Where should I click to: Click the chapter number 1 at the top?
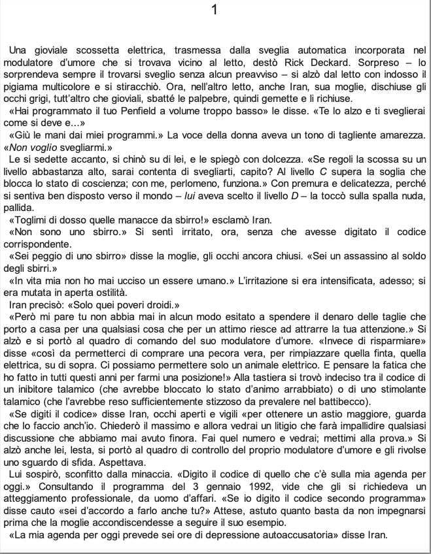coord(216,11)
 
